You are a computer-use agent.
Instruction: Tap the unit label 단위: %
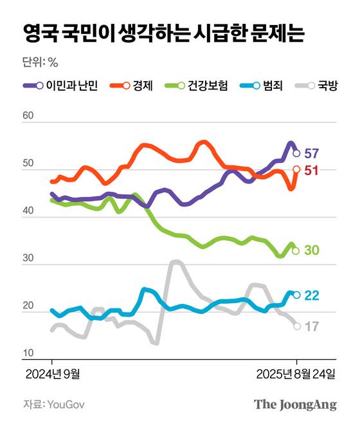[x=40, y=62]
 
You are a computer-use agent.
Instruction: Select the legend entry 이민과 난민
[x=60, y=86]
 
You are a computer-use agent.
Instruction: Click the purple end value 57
[x=312, y=154]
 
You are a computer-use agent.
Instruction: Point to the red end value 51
[x=312, y=171]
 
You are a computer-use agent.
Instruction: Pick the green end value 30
[x=312, y=250]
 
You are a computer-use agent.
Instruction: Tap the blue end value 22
[x=312, y=295]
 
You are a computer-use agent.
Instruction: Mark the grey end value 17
[x=312, y=326]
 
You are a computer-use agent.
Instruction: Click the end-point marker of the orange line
[x=296, y=169]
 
